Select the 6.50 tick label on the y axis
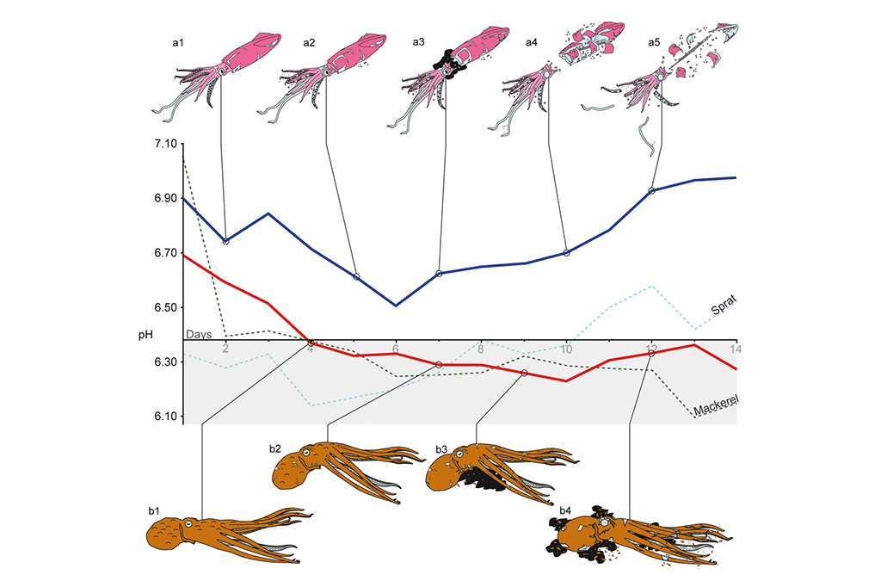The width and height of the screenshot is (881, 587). click(161, 307)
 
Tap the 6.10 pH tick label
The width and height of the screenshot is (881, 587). click(161, 417)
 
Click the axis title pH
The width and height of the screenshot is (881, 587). click(145, 333)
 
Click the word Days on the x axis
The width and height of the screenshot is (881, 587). click(199, 334)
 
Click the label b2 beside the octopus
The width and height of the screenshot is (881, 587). click(274, 448)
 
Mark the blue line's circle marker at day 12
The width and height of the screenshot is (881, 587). click(651, 191)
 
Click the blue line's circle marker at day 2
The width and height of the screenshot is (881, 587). click(225, 242)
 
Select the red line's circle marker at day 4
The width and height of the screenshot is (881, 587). click(311, 343)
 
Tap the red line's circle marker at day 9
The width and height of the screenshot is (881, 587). click(524, 373)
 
